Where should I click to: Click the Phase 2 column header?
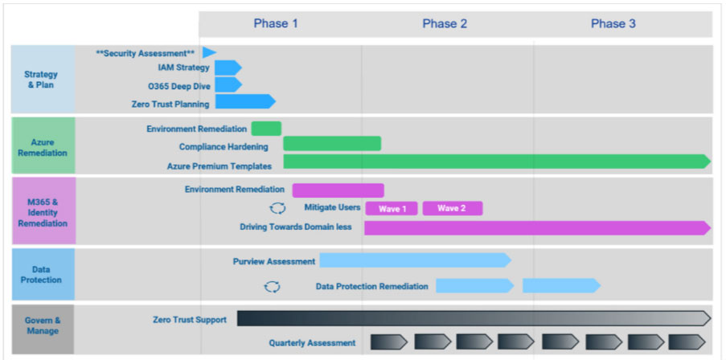445,24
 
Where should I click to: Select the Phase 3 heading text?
613,24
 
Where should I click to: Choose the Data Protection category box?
43,274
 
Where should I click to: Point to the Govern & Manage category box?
43,325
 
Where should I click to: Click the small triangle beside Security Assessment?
209,53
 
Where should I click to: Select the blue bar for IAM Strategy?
228,67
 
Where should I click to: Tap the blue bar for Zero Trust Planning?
245,101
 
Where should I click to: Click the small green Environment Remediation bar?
266,129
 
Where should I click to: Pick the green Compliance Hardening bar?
332,144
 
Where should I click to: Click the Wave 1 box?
392,209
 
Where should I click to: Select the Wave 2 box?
453,209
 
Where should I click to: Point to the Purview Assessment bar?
416,260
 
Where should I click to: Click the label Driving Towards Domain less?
296,227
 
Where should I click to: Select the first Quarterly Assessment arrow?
389,342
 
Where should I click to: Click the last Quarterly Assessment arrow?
687,342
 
